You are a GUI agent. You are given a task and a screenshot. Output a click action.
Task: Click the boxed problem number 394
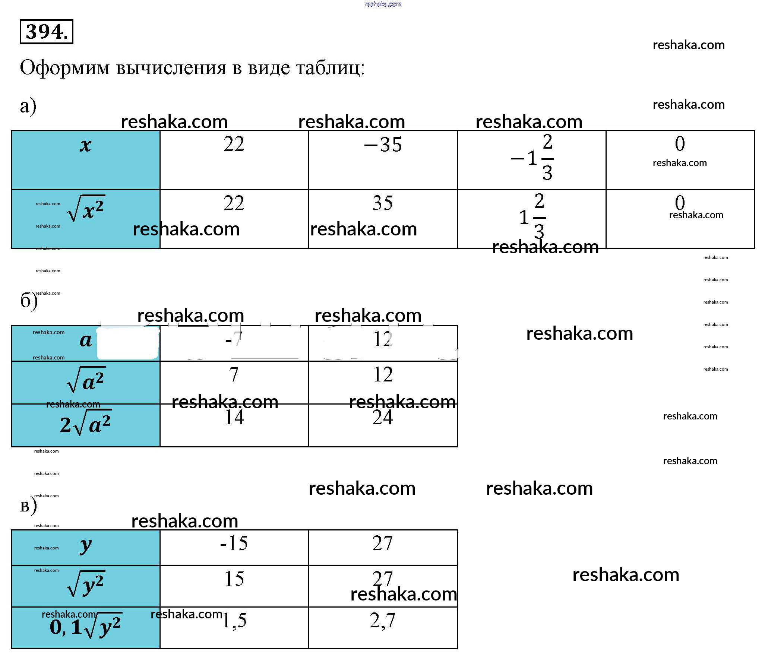pos(46,32)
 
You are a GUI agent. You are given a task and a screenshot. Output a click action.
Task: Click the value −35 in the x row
pos(383,145)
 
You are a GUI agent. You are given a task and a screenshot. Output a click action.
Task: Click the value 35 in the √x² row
pos(382,203)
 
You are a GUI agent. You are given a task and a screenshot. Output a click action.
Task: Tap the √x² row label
pos(86,209)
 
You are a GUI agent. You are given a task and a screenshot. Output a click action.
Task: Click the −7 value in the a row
pos(234,339)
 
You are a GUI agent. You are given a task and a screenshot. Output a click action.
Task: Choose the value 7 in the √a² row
pos(234,374)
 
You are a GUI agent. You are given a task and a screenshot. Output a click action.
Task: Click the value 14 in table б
pos(234,418)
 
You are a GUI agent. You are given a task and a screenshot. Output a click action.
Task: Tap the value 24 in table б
pos(382,418)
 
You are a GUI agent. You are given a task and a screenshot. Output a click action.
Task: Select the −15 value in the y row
pos(234,544)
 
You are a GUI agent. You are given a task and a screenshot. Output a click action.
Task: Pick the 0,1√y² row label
pos(85,627)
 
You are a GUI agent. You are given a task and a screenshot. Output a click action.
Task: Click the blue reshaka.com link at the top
pos(383,4)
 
